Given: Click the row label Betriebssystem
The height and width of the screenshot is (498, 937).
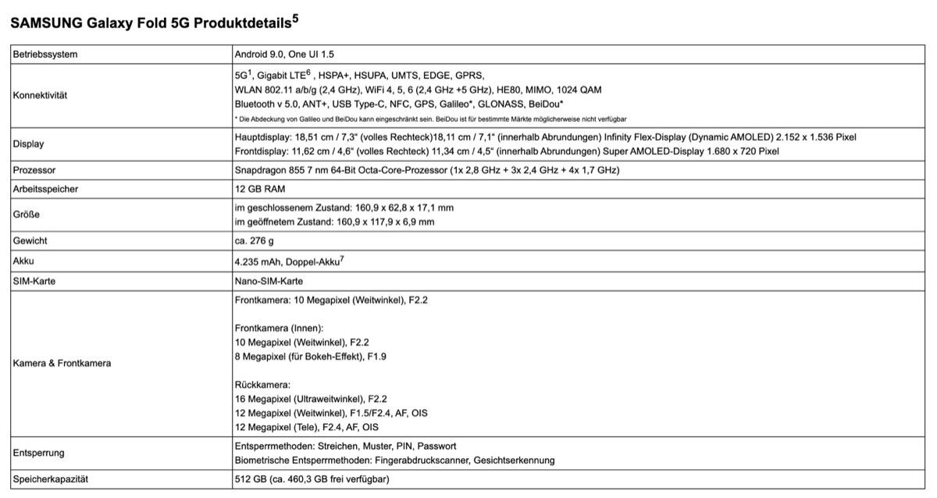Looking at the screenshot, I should pos(45,55).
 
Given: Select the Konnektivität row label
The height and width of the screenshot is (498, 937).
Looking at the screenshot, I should pos(41,95).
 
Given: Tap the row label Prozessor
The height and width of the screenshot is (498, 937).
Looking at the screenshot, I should pos(34,170).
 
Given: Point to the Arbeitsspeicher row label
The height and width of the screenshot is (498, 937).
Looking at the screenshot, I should pos(45,189).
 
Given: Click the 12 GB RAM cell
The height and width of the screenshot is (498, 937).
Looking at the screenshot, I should pos(260,189).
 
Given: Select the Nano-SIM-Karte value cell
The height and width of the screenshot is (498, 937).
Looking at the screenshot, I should pos(269,281).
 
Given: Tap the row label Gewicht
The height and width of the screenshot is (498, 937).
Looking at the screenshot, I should pos(30,241).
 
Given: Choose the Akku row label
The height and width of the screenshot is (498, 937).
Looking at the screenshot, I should pos(23,261).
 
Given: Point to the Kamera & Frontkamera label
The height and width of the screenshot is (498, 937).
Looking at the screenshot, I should pos(62,363).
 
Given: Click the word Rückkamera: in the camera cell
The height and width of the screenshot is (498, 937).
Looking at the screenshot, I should pos(262,385).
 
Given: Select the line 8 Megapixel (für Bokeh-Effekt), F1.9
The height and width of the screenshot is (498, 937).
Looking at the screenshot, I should pos(311,357).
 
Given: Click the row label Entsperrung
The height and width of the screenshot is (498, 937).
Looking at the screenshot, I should pos(39,453).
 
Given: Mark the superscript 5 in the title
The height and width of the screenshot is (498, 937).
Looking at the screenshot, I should pos(294,18).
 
